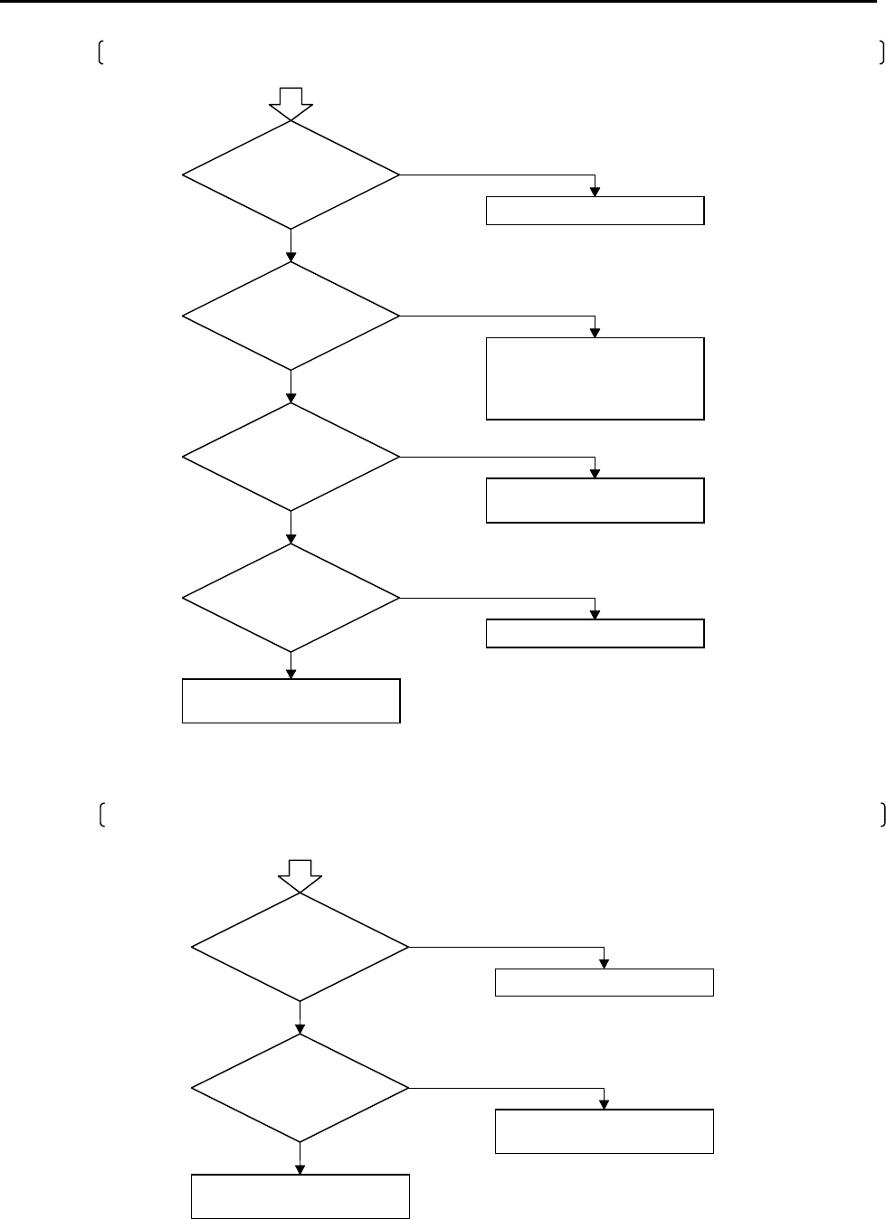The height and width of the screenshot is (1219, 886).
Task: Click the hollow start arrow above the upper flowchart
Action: (291, 102)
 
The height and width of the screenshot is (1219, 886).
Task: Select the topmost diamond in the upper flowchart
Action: (291, 175)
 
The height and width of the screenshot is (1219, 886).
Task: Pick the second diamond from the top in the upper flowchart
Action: (291, 316)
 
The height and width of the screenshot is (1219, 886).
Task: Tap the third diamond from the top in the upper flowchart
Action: (291, 457)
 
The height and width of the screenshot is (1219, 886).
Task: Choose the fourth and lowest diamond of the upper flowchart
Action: (291, 598)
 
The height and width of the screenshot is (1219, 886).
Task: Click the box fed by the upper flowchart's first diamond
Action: (595, 210)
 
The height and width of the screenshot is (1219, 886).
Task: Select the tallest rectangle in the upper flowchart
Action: (595, 378)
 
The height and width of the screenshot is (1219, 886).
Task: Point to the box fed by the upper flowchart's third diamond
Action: (595, 500)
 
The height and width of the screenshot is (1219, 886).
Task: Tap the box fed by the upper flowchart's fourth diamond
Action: (595, 633)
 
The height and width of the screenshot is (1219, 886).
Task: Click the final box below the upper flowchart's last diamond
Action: (291, 701)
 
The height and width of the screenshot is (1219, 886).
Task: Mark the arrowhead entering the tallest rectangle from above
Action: (595, 332)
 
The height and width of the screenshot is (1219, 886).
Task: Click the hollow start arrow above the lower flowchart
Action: (300, 875)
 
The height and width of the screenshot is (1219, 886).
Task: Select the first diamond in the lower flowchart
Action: (300, 947)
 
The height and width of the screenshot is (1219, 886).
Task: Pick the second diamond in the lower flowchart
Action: (300, 1088)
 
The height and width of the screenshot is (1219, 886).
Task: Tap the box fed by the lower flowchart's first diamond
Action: (604, 982)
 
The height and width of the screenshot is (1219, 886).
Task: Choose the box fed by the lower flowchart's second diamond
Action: (604, 1130)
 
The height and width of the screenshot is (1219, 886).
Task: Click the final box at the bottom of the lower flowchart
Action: (300, 1196)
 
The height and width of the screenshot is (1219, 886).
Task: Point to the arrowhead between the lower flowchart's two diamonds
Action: (300, 1028)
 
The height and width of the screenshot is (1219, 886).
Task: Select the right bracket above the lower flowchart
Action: (881, 814)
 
